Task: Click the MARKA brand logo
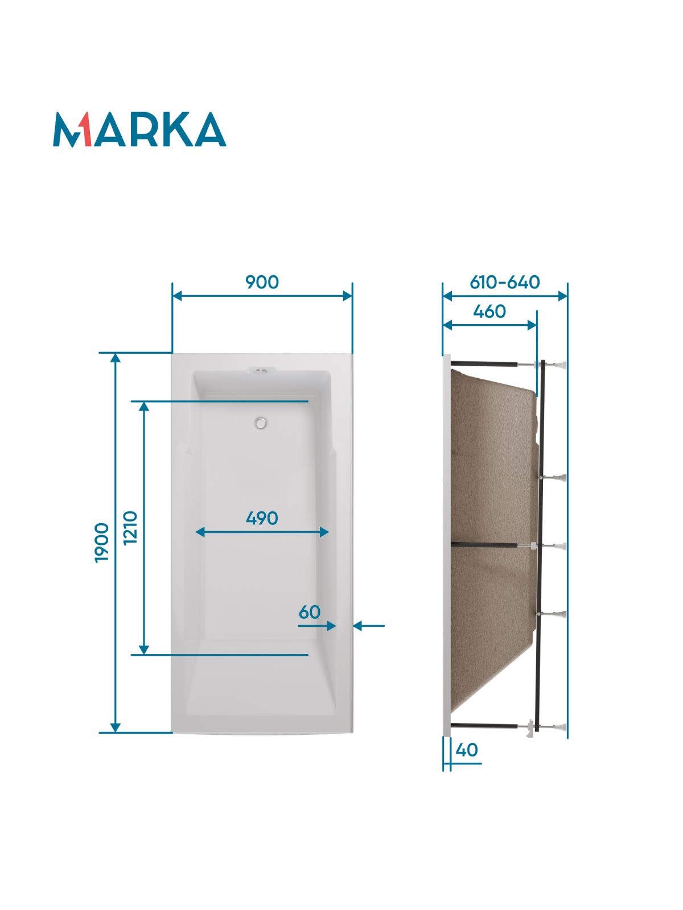click(x=139, y=129)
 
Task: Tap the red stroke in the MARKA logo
click(x=86, y=129)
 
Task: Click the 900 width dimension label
click(x=262, y=282)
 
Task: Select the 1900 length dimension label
click(x=102, y=543)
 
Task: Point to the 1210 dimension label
click(x=131, y=528)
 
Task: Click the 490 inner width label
click(x=262, y=518)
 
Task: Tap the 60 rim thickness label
click(x=310, y=613)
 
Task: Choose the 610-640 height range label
click(x=505, y=282)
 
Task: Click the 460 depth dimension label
click(x=489, y=311)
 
